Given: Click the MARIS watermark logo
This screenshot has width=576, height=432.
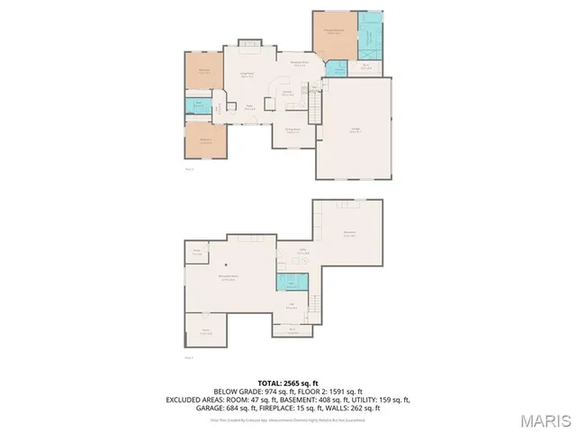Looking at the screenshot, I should click(x=544, y=419).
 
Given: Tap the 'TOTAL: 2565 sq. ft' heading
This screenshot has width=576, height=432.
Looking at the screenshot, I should click(x=287, y=382).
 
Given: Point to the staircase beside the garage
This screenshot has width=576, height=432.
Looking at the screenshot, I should click(x=315, y=109).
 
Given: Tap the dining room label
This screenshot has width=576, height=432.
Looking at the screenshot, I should click(x=292, y=131).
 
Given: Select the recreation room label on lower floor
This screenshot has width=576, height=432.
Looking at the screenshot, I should click(x=229, y=278).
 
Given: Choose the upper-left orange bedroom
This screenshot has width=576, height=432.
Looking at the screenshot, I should click(x=204, y=74).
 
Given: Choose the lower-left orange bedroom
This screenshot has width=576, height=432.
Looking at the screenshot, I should click(x=205, y=139).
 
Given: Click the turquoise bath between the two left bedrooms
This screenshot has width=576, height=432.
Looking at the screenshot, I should click(x=199, y=106).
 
